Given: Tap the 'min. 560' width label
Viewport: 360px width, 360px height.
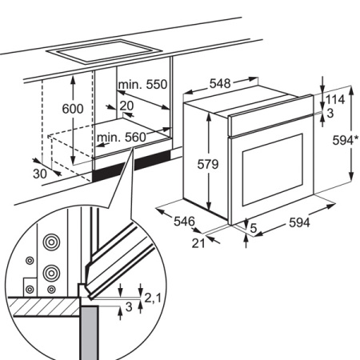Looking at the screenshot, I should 121,138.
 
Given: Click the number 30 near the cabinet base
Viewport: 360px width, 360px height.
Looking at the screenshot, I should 40,175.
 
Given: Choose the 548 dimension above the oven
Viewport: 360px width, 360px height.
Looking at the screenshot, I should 220,82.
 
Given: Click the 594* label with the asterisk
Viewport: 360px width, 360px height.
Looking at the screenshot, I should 342,140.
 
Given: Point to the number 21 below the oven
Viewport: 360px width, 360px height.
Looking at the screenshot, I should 199,244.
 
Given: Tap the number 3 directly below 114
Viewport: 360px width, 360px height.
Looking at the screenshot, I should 330,114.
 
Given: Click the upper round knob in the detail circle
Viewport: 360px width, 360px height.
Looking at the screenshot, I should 53,241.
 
